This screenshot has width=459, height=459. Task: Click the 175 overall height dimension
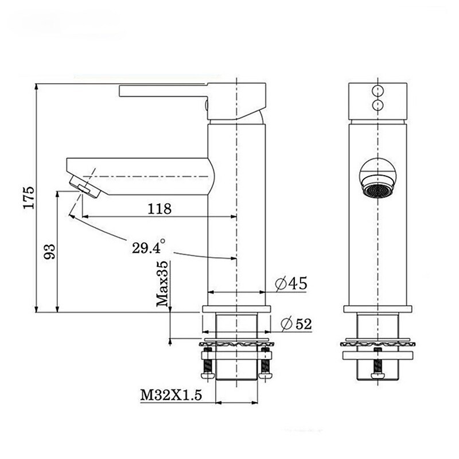point(29,197)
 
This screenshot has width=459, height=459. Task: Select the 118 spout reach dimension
point(160,209)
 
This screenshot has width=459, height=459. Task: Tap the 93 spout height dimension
point(49,251)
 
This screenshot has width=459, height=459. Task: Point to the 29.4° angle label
point(149,247)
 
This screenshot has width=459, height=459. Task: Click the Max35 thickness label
point(162,283)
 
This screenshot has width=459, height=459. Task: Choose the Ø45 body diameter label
point(291,283)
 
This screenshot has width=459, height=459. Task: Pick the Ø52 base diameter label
point(296,324)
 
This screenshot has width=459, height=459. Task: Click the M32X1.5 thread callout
point(171,395)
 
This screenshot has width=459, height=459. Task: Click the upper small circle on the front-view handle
point(378,90)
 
